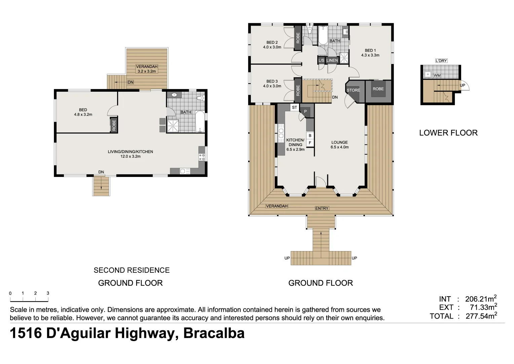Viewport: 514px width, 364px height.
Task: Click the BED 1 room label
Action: [370, 53]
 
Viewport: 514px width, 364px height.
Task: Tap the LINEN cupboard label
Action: [332, 60]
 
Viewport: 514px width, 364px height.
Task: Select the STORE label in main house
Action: [353, 90]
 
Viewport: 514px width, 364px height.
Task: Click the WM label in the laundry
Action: [437, 75]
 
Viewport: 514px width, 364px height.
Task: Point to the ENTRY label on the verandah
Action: [322, 208]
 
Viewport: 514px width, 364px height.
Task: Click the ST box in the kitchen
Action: [294, 108]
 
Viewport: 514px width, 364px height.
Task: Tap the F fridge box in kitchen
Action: [310, 143]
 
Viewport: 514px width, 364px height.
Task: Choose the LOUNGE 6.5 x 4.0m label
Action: [339, 145]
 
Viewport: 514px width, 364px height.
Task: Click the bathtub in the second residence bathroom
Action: [200, 122]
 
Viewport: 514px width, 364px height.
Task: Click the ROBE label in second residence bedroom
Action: [114, 125]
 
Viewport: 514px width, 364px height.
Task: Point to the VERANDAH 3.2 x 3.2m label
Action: [147, 69]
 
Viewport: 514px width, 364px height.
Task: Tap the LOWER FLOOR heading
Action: [448, 133]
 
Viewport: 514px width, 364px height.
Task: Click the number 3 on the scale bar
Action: [48, 293]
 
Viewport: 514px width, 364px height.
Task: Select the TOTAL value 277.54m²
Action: [481, 316]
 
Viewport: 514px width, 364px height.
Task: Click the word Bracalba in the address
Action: [214, 333]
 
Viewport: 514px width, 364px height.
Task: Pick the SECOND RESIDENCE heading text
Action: [132, 270]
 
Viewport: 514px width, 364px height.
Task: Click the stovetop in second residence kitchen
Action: [202, 157]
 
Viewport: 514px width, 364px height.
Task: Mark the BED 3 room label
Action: [272, 84]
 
